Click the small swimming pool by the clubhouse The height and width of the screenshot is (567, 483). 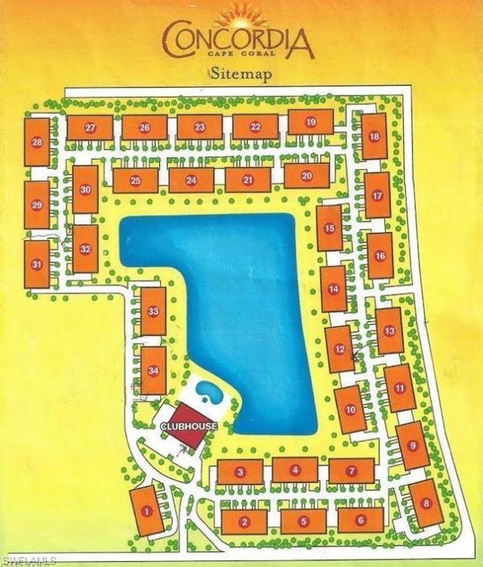tap(207, 391)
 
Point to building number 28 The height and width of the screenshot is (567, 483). tap(36, 142)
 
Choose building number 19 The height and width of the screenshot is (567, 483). tap(310, 122)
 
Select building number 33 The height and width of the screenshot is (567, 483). tap(153, 311)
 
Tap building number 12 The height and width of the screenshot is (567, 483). tap(340, 349)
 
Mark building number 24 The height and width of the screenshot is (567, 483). tap(191, 180)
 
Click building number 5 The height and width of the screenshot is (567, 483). tap(303, 520)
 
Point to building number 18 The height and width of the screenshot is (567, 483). tap(374, 136)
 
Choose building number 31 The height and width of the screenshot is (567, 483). tap(36, 264)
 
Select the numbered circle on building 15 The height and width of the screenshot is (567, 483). tap(329, 229)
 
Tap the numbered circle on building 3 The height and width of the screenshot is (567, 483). tap(240, 473)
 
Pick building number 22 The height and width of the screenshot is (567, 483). tap(256, 127)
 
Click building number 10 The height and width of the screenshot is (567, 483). tap(350, 409)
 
